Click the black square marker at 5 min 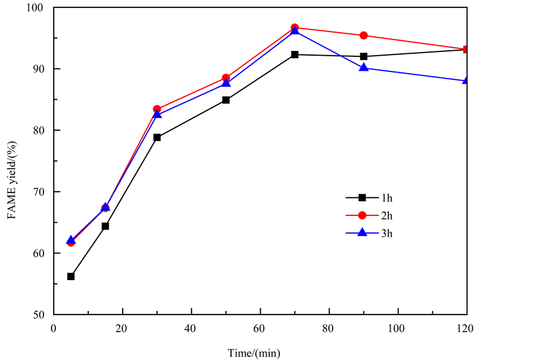(x=71, y=277)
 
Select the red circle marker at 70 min (x=294, y=28)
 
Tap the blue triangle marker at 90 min (x=363, y=67)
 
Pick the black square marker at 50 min (x=226, y=100)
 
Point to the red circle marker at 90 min (x=363, y=36)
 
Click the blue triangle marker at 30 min (x=157, y=114)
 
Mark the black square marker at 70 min (x=294, y=54)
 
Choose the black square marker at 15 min (x=105, y=226)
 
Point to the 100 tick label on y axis (x=39, y=8)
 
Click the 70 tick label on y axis (x=41, y=192)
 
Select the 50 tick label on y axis (x=41, y=315)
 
